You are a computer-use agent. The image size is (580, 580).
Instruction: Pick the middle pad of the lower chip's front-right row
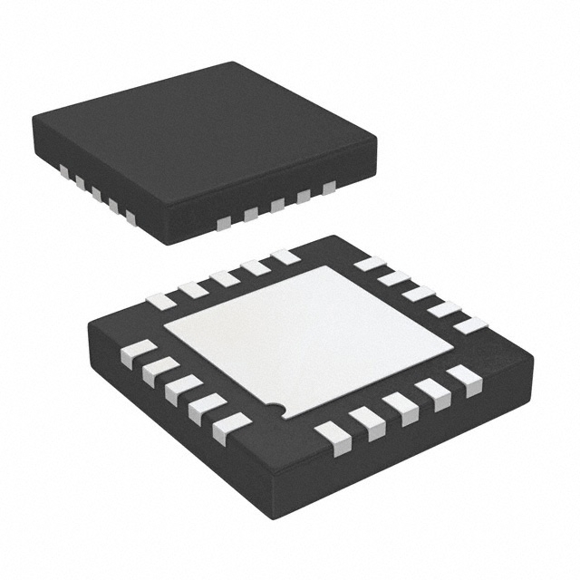pos(399,409)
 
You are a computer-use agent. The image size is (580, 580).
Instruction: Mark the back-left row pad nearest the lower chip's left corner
pos(160,301)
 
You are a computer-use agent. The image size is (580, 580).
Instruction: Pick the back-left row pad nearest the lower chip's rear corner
pos(285,256)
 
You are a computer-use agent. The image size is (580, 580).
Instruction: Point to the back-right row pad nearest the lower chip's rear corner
pos(370,264)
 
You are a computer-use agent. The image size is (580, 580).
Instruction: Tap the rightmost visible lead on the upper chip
pos(329,187)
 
